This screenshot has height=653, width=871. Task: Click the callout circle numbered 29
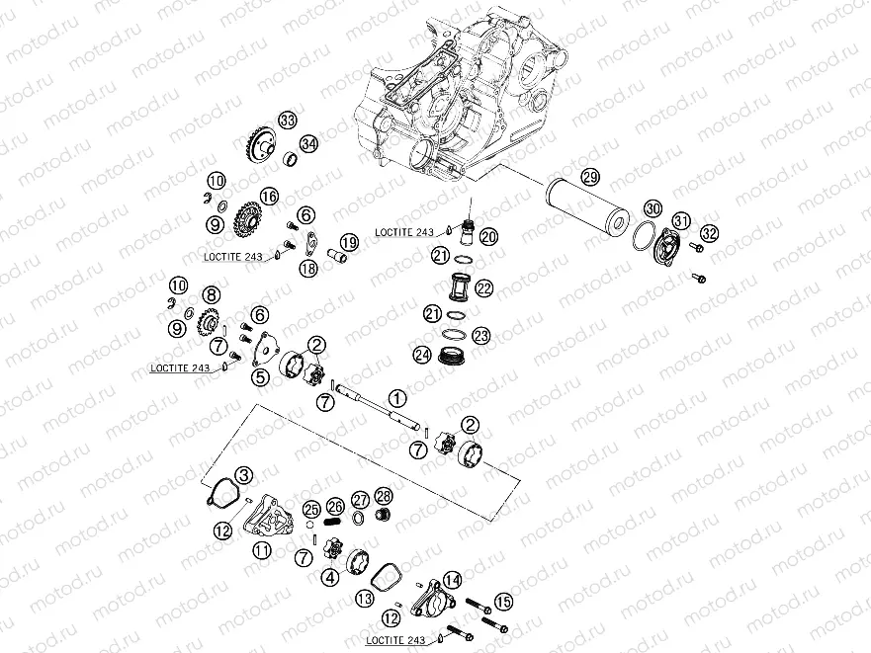(x=590, y=178)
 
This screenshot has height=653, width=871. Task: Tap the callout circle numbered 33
(x=288, y=121)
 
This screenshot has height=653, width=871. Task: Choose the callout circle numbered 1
(x=396, y=398)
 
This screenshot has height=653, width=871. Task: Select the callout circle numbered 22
(x=483, y=288)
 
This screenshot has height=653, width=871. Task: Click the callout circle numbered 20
(x=488, y=235)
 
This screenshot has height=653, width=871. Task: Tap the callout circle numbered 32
(x=709, y=234)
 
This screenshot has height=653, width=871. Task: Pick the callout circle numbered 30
(x=653, y=208)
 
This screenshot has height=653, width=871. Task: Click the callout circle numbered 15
(x=503, y=602)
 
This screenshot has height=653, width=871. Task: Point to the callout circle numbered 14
(x=453, y=580)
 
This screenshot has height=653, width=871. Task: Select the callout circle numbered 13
(x=365, y=599)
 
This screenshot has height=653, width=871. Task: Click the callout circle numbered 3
(x=243, y=476)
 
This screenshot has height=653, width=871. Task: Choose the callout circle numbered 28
(x=384, y=496)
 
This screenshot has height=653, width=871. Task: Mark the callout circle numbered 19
(x=348, y=243)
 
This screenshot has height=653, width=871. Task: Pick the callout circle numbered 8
(x=211, y=293)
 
